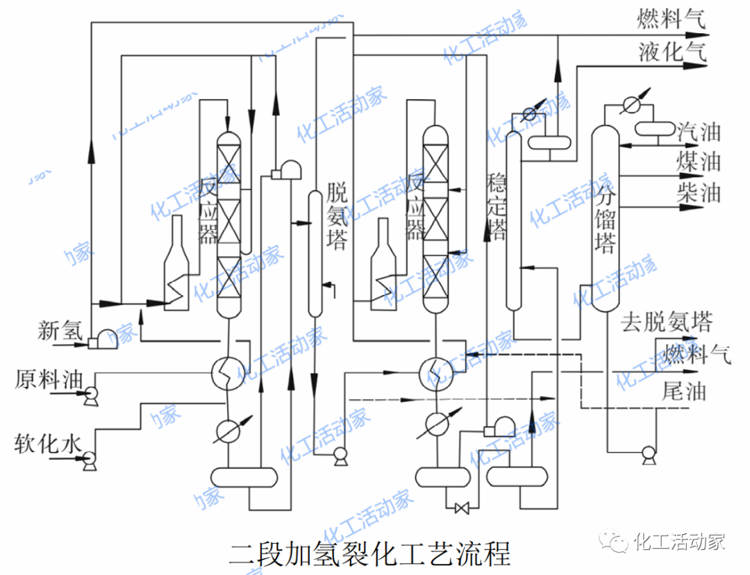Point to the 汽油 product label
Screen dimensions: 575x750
pos(699,132)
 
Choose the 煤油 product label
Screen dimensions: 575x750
pos(699,162)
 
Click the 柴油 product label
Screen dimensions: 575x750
pos(699,192)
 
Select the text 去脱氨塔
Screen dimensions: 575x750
pos(666,322)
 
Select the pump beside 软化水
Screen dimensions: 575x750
pos(89,460)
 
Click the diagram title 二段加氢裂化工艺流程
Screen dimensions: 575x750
pos(369,554)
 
